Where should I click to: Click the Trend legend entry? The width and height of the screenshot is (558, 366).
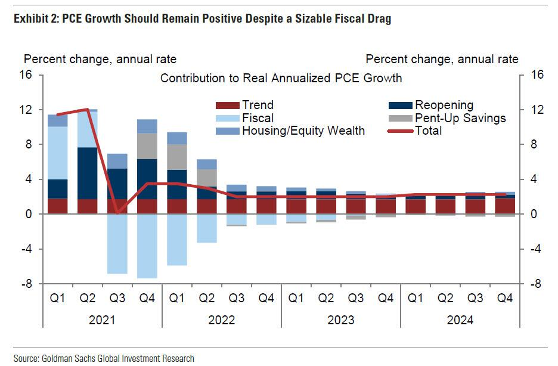point(256,106)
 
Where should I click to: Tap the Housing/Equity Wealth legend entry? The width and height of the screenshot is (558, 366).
point(303,131)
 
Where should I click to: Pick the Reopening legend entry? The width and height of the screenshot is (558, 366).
point(444,106)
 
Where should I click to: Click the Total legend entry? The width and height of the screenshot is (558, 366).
point(428,131)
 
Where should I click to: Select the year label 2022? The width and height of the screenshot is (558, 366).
point(222,320)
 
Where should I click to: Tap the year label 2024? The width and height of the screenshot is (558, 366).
point(460,320)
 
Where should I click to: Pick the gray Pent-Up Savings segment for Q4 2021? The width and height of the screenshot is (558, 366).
point(147,146)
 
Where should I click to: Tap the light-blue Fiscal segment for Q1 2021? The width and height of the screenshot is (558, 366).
point(58,153)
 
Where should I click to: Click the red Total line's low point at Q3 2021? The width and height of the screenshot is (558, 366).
point(117,212)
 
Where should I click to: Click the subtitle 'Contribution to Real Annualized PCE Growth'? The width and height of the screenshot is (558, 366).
point(281,78)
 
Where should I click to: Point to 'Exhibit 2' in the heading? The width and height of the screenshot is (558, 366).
point(30,19)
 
